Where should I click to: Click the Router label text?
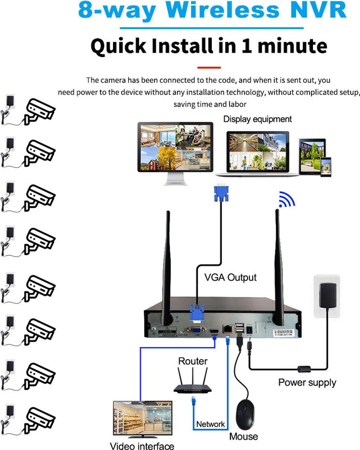click(193, 361)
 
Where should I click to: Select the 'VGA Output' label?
click(230, 278)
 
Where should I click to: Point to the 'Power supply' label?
click(307, 382)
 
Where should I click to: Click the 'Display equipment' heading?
click(257, 119)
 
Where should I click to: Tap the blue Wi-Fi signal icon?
click(287, 200)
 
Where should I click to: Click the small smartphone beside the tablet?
click(326, 167)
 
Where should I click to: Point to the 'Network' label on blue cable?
click(210, 424)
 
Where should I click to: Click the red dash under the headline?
click(209, 68)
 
